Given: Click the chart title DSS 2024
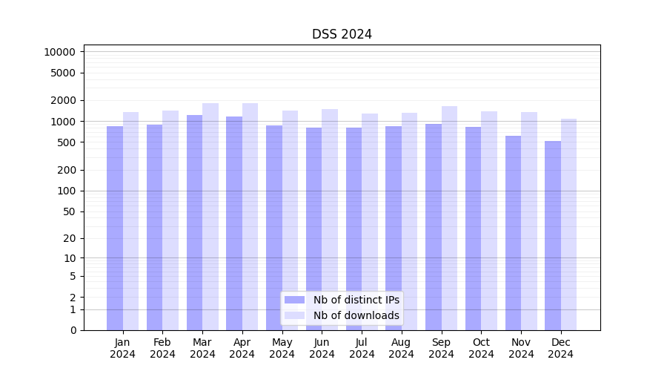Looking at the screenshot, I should [x=342, y=34].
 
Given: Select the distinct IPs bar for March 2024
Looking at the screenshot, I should [x=194, y=223].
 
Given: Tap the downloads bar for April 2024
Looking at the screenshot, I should [x=250, y=217].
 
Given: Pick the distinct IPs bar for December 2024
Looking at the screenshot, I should [x=553, y=235].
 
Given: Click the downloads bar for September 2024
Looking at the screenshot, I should [x=449, y=218].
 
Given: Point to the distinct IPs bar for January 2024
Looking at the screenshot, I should [x=115, y=228].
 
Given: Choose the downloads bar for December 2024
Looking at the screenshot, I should [x=568, y=224].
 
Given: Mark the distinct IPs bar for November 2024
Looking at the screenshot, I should [x=513, y=233].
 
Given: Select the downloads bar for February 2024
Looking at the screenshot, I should [x=170, y=220].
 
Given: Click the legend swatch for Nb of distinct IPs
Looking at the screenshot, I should [x=294, y=300].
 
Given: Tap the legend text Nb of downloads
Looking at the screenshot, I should [x=356, y=315].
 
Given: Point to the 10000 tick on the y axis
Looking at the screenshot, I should [x=60, y=52].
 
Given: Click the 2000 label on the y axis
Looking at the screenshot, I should [x=63, y=100].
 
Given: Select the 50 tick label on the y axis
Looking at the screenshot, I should [x=69, y=211].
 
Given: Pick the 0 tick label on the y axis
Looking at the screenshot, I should [x=73, y=330].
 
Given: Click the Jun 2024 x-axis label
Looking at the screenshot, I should [x=322, y=348].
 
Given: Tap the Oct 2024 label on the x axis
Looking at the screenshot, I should [x=481, y=348].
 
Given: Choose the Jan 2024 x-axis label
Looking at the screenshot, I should [x=123, y=348].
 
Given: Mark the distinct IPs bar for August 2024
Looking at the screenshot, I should [x=394, y=228].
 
